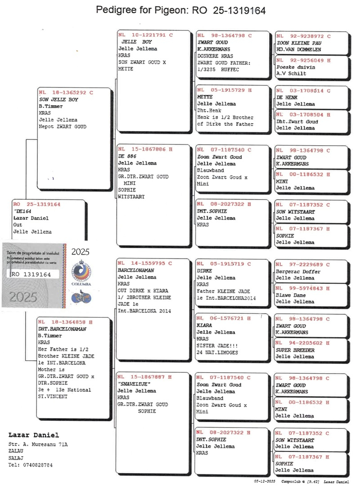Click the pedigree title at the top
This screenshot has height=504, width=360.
click(x=180, y=10)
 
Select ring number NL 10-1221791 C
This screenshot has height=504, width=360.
click(x=145, y=35)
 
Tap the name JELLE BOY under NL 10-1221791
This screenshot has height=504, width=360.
click(x=137, y=42)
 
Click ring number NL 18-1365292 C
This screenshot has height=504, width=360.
click(x=66, y=92)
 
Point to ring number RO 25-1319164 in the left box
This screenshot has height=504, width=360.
click(x=36, y=204)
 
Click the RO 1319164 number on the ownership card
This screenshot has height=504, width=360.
click(x=31, y=274)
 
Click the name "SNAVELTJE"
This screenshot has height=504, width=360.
click(x=134, y=384)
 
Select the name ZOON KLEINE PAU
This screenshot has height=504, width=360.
click(x=299, y=43)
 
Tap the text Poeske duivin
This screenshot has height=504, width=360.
click(x=296, y=67)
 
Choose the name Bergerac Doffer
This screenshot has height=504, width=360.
click(x=297, y=272)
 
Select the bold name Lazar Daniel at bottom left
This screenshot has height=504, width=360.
click(x=34, y=435)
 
